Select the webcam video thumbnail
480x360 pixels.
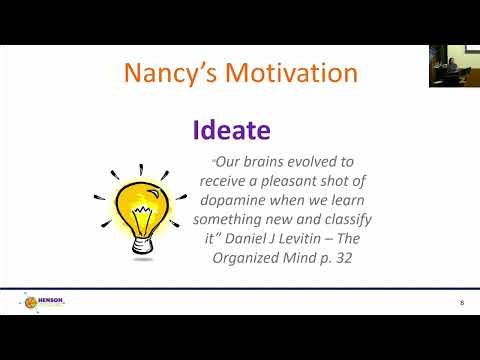(x=454, y=66)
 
